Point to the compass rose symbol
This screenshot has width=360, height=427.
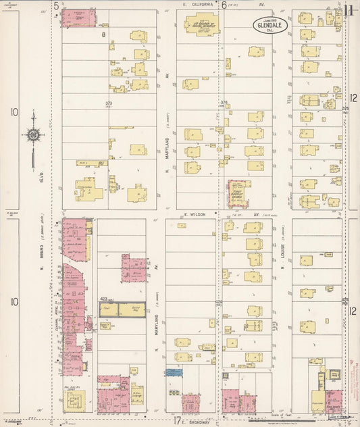32,135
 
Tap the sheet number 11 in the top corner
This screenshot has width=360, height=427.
349,10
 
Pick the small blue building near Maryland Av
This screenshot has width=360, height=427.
174,372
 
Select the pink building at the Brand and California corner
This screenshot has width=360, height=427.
79,18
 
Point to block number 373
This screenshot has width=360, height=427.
109,103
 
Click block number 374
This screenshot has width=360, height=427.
224,103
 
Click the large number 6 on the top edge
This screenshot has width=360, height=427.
224,5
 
